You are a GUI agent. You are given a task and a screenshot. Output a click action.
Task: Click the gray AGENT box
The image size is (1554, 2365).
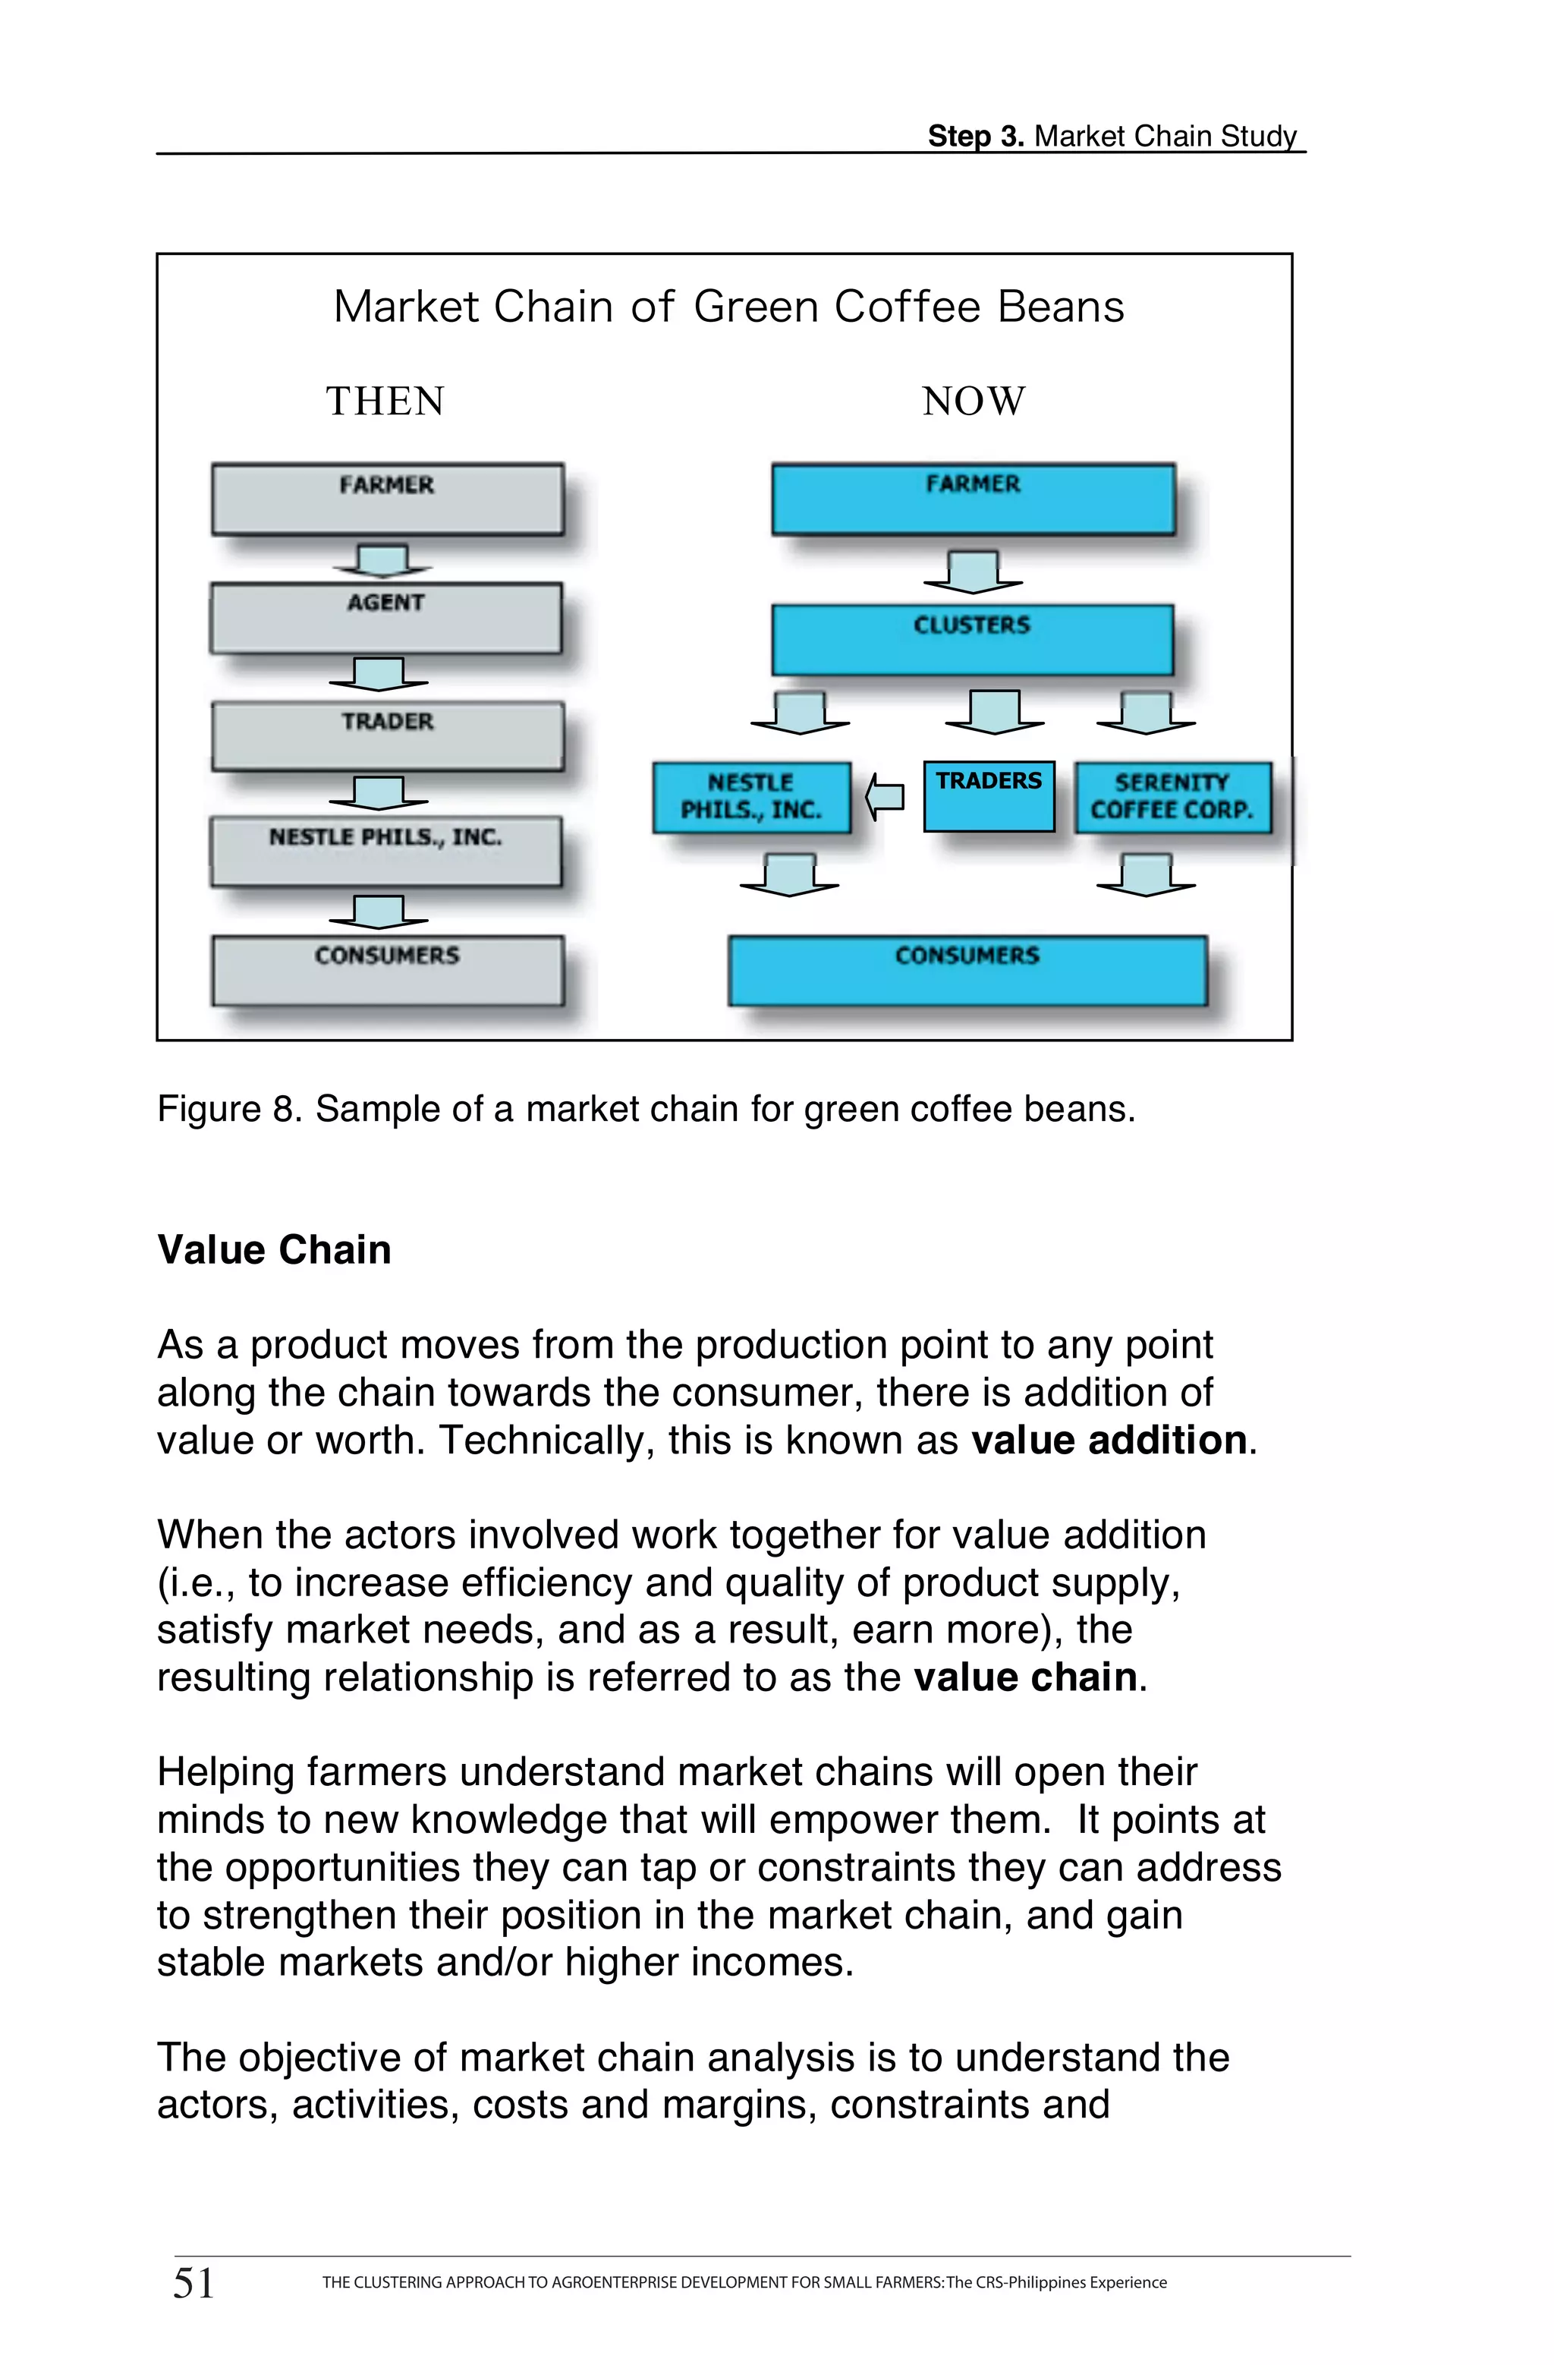pos(385,618)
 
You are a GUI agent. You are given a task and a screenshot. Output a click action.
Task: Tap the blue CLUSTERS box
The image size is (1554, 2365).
pos(972,640)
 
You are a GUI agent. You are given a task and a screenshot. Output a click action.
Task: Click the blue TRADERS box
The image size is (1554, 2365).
pos(989,796)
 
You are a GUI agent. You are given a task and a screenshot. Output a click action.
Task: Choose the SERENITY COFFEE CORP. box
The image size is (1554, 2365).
pos(1172,797)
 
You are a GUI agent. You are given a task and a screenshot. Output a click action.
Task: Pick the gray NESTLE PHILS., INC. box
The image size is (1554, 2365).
pos(385,852)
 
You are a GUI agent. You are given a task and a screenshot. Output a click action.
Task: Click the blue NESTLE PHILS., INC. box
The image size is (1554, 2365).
pos(751,797)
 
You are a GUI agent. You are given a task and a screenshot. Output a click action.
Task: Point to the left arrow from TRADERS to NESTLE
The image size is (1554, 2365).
pos(884,797)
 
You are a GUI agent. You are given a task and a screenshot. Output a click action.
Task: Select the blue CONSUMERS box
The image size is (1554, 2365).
pos(967,970)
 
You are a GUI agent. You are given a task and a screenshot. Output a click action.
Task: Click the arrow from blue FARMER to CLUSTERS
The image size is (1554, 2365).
pos(973,572)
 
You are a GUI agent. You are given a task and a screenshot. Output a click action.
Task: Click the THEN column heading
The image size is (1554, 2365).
pos(385,402)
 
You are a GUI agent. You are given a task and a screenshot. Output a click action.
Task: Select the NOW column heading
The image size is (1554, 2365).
pos(973,402)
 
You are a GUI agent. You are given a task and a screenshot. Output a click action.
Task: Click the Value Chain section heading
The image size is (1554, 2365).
pos(274,1250)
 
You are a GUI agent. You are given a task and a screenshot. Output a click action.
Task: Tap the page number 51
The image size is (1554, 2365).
pos(193,2284)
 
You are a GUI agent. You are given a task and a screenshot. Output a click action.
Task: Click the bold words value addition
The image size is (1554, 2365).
pos(1108,1441)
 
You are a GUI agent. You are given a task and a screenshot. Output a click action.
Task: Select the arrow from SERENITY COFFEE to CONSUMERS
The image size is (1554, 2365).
pos(1146,874)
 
